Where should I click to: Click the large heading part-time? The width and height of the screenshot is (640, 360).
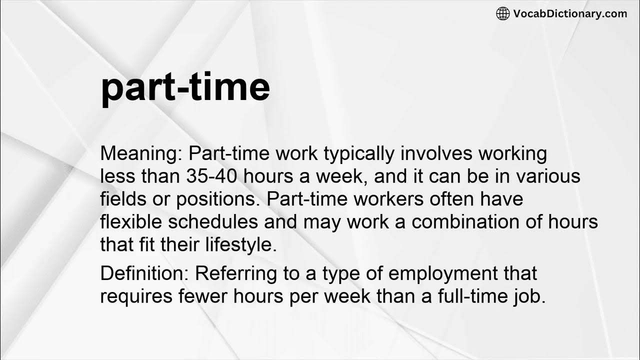pos(185,88)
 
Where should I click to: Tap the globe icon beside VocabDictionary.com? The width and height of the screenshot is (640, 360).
pos(503,13)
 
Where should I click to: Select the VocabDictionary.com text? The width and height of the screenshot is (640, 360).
pos(569,13)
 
